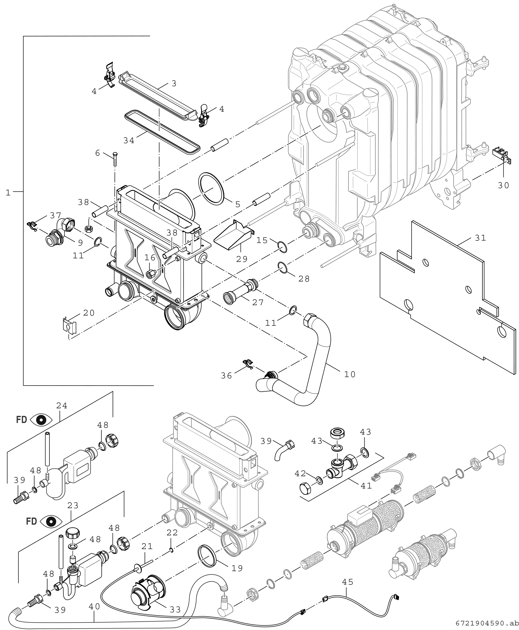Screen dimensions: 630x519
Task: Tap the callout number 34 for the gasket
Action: click(x=129, y=140)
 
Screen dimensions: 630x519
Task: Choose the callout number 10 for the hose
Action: click(x=350, y=374)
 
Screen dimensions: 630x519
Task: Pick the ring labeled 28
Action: click(x=283, y=267)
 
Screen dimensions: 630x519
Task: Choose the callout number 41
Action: click(x=366, y=486)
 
